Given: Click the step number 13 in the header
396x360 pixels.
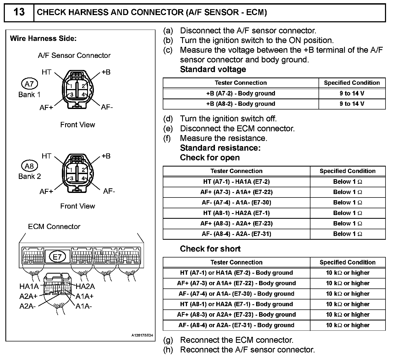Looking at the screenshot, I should pyautogui.click(x=19, y=12).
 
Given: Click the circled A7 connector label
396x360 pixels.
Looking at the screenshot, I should pyautogui.click(x=29, y=84).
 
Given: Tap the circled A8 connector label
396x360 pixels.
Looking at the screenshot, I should pyautogui.click(x=29, y=166).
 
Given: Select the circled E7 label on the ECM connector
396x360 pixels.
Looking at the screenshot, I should pyautogui.click(x=57, y=257).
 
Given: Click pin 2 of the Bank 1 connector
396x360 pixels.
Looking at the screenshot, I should pyautogui.click(x=83, y=86).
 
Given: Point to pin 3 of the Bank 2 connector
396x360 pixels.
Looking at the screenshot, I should pyautogui.click(x=72, y=178).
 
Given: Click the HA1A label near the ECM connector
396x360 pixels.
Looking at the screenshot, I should pyautogui.click(x=29, y=287).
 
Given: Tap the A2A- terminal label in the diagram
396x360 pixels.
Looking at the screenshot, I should pyautogui.click(x=27, y=306).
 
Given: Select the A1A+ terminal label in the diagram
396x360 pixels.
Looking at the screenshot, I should pyautogui.click(x=84, y=297).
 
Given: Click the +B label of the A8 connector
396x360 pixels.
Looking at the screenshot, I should pyautogui.click(x=106, y=156).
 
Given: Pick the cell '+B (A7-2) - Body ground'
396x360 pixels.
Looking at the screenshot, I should pyautogui.click(x=241, y=93).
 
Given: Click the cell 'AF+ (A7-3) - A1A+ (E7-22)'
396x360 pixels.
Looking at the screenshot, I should pyautogui.click(x=236, y=192).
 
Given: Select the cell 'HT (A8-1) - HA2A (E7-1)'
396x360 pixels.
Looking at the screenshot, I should pyautogui.click(x=236, y=213).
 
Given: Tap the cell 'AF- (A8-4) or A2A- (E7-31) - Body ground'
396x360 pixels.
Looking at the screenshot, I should pyautogui.click(x=236, y=325).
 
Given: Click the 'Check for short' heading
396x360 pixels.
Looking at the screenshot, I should pyautogui.click(x=210, y=249).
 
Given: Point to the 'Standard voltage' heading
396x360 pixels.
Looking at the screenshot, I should pyautogui.click(x=213, y=69).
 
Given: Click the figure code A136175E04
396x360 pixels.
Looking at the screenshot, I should pyautogui.click(x=142, y=336).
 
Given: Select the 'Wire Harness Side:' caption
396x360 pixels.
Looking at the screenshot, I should pyautogui.click(x=43, y=38).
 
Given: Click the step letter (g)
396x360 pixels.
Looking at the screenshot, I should pyautogui.click(x=168, y=340).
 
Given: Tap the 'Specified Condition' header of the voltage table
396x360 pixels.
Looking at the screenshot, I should pyautogui.click(x=352, y=83).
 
